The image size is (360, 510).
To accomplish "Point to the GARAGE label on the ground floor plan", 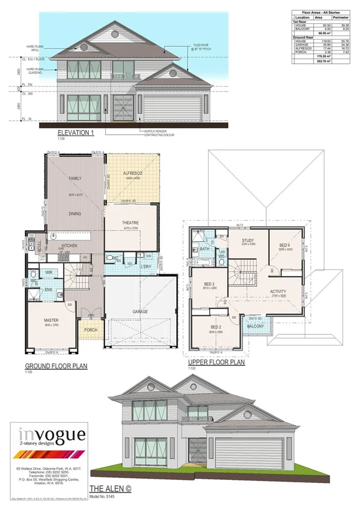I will (140, 312).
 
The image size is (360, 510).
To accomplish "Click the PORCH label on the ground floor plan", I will (91, 330).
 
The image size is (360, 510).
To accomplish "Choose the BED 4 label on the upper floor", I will (285, 245).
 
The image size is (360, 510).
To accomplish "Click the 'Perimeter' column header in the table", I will (344, 19).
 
